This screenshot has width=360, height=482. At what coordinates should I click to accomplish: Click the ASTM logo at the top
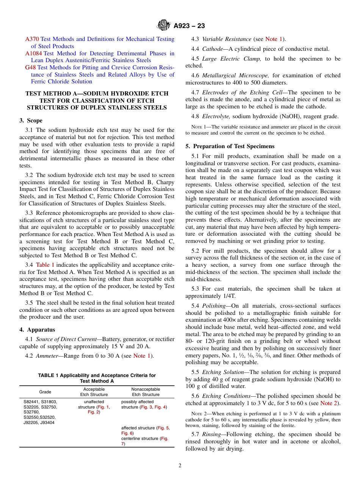click(x=164, y=25)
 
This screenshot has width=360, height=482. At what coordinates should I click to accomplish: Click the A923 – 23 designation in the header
click(x=189, y=26)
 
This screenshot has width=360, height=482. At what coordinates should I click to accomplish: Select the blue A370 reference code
click(x=32, y=39)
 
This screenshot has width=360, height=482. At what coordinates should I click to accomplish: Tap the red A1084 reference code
click(x=34, y=53)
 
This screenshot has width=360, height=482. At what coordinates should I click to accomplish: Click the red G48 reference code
click(x=30, y=67)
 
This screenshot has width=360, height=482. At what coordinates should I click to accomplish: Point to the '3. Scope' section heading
click(x=31, y=121)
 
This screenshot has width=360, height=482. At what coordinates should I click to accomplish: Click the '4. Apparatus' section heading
click(x=37, y=330)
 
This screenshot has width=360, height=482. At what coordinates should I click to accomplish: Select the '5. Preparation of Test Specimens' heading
click(x=230, y=146)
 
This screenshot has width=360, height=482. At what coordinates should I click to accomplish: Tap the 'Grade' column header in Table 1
click(x=45, y=392)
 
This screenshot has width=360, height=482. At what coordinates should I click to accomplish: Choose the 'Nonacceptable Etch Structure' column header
click(x=146, y=392)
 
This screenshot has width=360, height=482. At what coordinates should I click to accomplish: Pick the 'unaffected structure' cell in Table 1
click(x=94, y=404)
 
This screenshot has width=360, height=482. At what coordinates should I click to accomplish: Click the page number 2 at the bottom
click(x=180, y=466)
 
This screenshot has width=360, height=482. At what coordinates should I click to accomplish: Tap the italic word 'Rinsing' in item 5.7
click(x=213, y=434)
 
